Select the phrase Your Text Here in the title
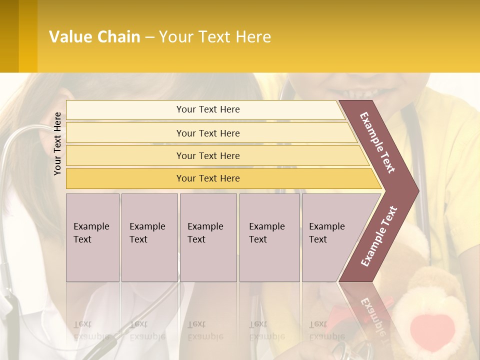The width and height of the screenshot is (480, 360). [215, 37]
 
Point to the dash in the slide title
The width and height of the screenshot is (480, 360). [149, 37]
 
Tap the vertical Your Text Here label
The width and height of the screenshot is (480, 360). [57, 143]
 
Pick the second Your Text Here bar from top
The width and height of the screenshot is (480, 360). [207, 133]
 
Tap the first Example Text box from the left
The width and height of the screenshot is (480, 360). [92, 237]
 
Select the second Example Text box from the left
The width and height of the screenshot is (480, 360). [149, 237]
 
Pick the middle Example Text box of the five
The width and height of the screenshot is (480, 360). [208, 237]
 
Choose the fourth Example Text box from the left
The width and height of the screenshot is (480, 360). [269, 237]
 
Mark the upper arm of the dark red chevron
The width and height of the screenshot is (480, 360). [377, 142]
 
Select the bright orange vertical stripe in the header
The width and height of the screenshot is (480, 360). [28, 36]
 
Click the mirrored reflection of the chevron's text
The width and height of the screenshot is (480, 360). [373, 315]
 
